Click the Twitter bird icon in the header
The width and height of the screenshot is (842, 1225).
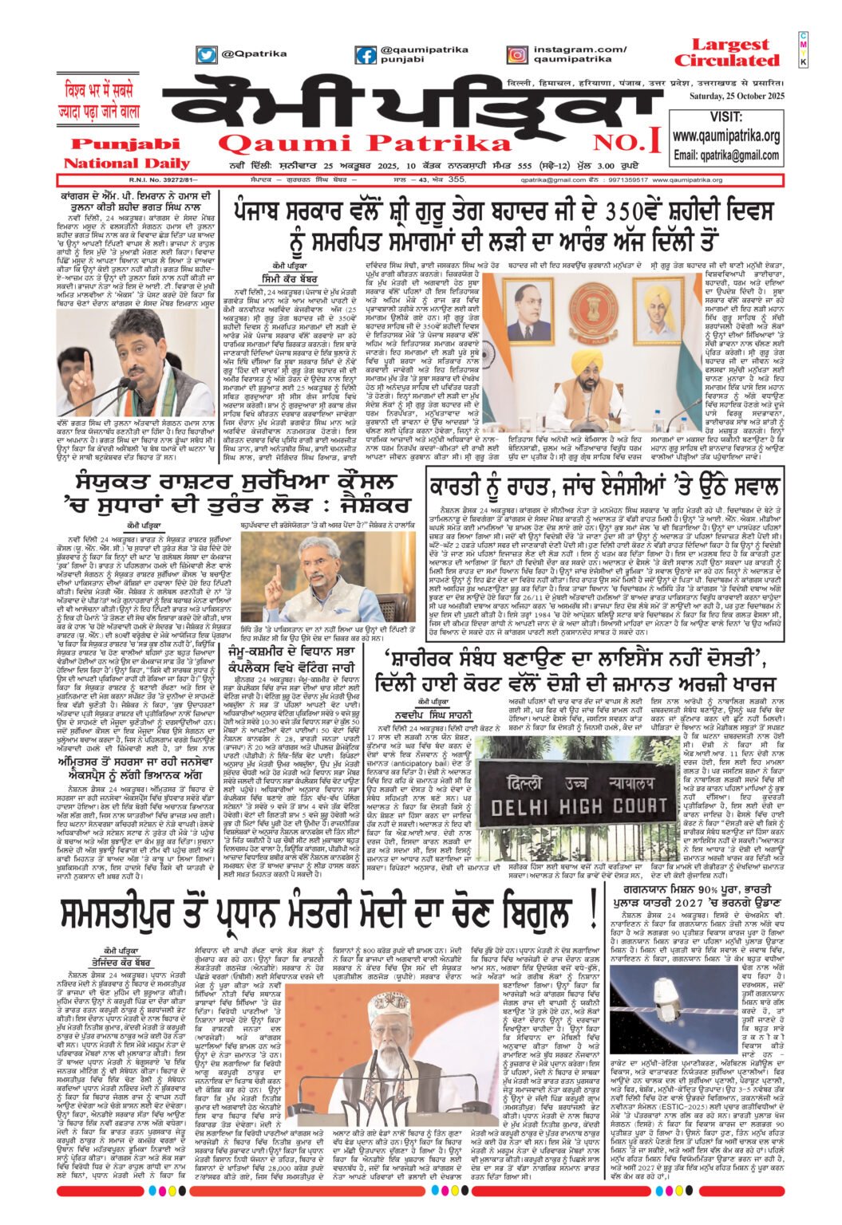coord(207,55)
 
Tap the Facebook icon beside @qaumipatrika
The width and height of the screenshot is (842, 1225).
coord(366,55)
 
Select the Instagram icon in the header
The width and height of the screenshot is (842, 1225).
coord(517,55)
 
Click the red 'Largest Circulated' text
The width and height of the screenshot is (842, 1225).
coord(726,53)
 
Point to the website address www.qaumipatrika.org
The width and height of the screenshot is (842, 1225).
coord(725,136)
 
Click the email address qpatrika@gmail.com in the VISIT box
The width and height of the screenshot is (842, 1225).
coord(725,155)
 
